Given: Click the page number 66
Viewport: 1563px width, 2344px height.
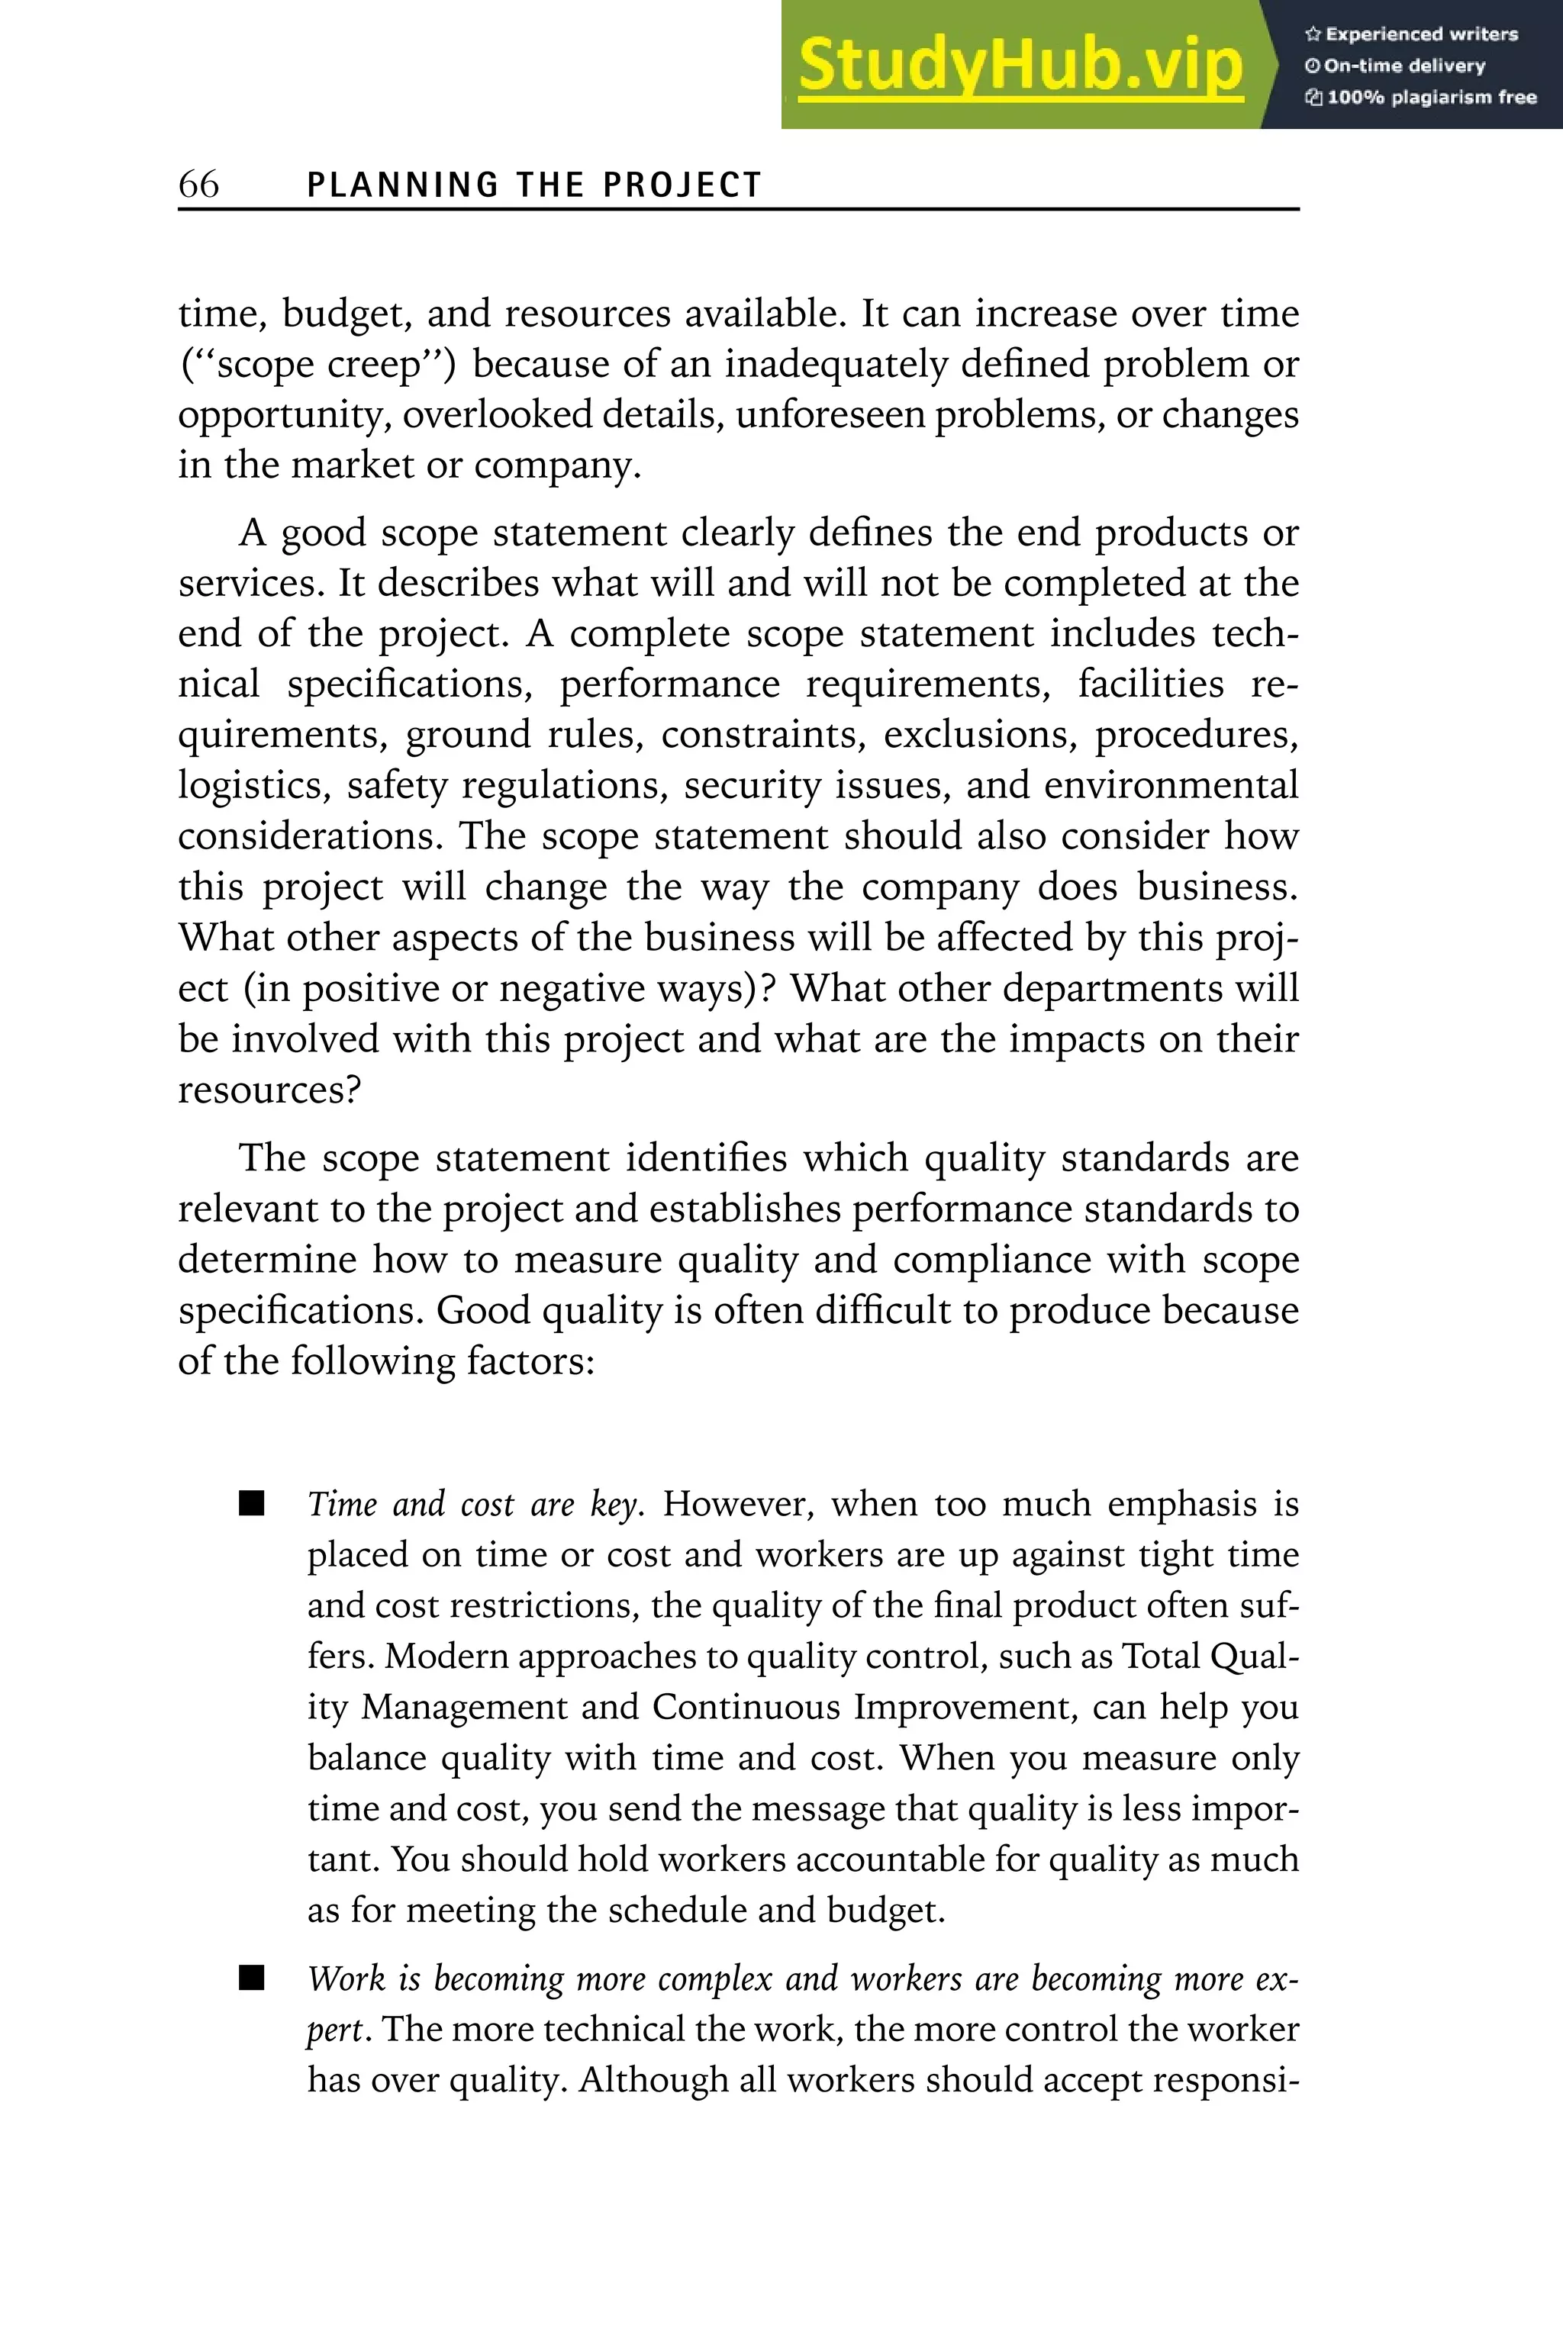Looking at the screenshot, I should click(198, 185).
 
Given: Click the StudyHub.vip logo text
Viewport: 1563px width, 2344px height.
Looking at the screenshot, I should click(1020, 66).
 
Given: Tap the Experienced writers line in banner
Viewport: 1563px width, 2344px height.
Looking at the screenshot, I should click(1410, 34).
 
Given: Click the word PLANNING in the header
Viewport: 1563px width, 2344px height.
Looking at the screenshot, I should click(403, 185).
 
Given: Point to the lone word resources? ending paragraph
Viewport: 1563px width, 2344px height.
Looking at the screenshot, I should click(269, 1090).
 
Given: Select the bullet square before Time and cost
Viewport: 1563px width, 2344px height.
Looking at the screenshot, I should click(252, 1504).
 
